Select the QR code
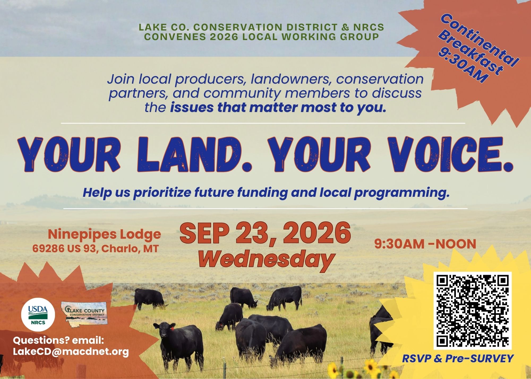pyautogui.click(x=473, y=311)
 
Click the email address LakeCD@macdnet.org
pyautogui.click(x=71, y=352)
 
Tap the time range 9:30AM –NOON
pyautogui.click(x=425, y=244)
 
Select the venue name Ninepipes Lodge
pyautogui.click(x=105, y=234)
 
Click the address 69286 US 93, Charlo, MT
pyautogui.click(x=96, y=249)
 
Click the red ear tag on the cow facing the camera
pyautogui.click(x=173, y=329)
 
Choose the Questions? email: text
pyautogui.click(x=58, y=340)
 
